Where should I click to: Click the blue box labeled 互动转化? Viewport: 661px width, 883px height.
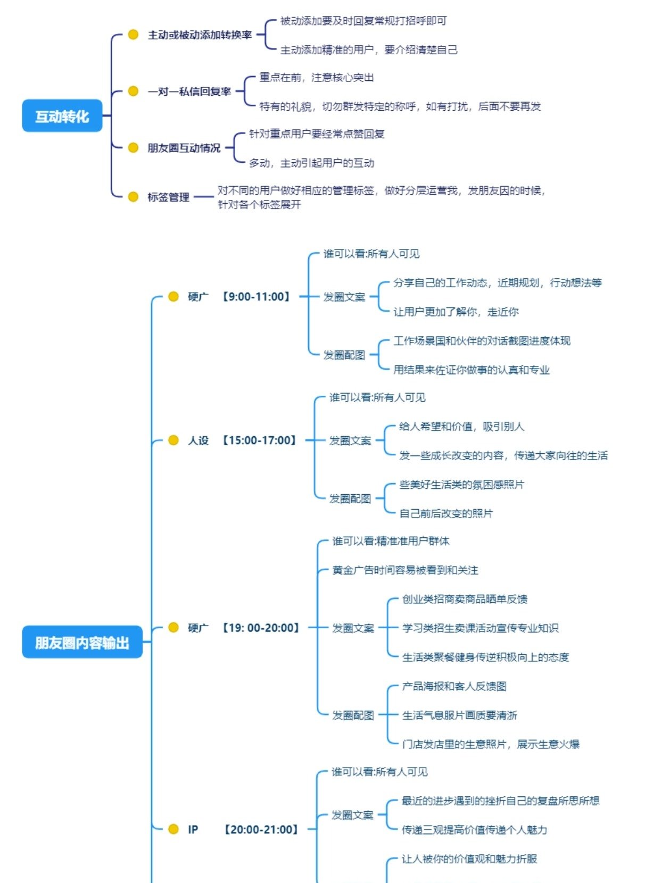point(62,116)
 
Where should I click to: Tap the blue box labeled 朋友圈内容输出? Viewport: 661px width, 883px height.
point(82,643)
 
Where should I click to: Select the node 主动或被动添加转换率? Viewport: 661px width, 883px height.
point(200,35)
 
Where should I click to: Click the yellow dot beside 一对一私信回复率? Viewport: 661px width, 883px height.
point(133,91)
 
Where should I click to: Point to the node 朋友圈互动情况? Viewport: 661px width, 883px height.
point(184,148)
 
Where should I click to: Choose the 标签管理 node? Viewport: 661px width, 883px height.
point(168,197)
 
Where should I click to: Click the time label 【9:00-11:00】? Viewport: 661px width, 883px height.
point(256,297)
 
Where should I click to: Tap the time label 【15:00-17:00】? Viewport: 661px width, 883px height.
point(259,440)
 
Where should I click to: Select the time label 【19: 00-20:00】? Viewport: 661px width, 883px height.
point(261,628)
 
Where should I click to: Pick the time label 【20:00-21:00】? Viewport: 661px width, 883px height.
point(261,829)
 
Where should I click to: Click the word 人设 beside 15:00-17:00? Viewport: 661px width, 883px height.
point(198,440)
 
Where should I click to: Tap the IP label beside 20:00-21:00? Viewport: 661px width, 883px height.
point(193,829)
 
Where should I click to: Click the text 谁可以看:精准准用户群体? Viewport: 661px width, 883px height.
point(391,542)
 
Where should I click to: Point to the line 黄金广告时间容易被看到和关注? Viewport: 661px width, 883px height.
point(405,570)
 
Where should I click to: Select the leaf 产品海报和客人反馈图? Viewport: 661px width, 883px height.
point(454,686)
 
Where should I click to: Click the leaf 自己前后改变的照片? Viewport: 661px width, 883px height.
point(446,513)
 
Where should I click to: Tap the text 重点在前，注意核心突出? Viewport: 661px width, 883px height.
point(316,78)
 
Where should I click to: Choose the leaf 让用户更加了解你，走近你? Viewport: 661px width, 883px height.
point(456,312)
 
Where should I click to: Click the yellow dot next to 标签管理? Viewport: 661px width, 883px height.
point(133,197)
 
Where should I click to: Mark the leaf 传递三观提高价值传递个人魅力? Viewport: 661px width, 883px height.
point(474,830)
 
